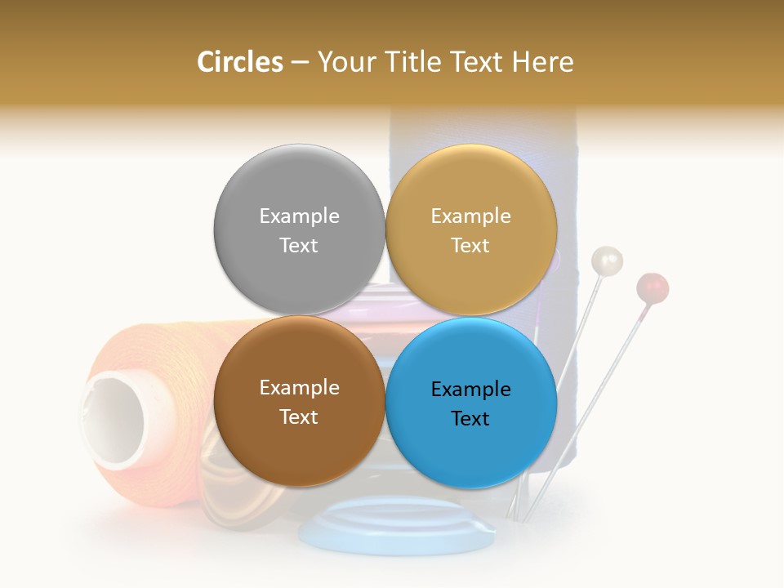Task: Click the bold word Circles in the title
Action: [x=240, y=62]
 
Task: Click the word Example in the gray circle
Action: [x=299, y=216]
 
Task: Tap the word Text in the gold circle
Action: [x=470, y=245]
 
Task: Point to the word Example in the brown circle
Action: [x=299, y=387]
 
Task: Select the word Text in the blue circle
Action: [x=470, y=418]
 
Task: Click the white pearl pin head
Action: [x=607, y=261]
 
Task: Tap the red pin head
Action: [x=653, y=287]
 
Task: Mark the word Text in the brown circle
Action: [x=299, y=416]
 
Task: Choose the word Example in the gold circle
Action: [x=470, y=216]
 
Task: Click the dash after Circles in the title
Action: [x=300, y=62]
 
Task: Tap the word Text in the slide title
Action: [x=474, y=62]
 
